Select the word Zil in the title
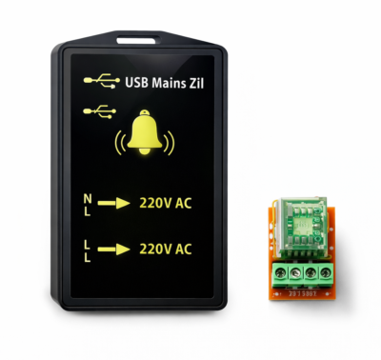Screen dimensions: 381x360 [x=197, y=83]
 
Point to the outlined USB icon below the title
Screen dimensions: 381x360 [x=96, y=111]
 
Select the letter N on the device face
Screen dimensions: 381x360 [x=88, y=198]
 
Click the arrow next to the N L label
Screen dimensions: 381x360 [x=114, y=203]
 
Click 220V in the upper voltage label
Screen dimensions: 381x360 [x=155, y=203]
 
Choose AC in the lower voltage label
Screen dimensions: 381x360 [x=183, y=249]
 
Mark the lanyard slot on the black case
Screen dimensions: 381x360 [x=142, y=40]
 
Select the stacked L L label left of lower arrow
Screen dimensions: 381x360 [x=88, y=249]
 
